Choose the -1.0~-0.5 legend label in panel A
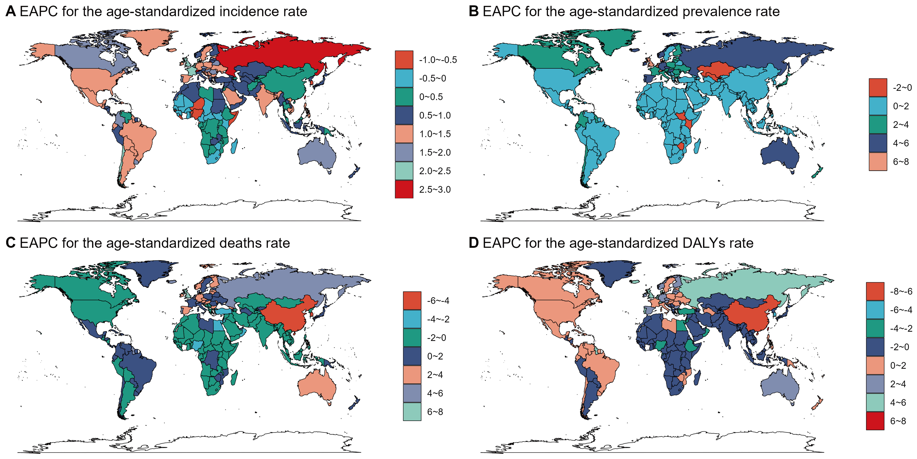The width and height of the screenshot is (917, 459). pyautogui.click(x=438, y=60)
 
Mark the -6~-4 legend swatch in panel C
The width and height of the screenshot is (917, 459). pyautogui.click(x=412, y=300)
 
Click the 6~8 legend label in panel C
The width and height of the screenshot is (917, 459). pyautogui.click(x=435, y=412)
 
